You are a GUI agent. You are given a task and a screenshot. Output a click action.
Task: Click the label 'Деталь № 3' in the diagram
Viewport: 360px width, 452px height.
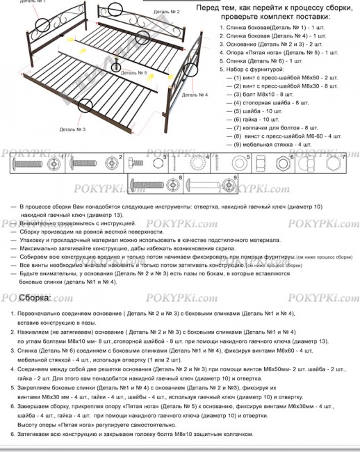[72, 129]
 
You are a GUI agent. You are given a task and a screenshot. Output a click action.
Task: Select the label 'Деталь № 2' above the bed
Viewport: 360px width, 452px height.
[164, 12]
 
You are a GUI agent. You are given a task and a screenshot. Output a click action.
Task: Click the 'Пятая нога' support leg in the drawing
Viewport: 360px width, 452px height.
[117, 68]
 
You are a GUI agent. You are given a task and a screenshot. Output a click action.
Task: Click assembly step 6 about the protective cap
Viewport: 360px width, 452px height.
[132, 434]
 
